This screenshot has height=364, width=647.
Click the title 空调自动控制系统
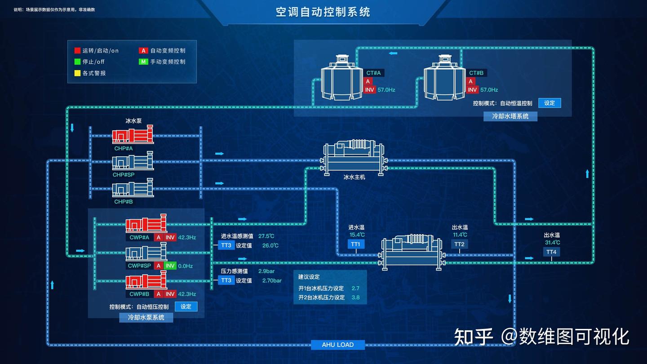(323, 12)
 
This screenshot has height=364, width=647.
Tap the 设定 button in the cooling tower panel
(550, 103)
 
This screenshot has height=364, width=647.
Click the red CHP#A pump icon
(133, 136)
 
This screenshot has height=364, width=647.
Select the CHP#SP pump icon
(133, 162)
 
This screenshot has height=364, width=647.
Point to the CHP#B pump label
(124, 202)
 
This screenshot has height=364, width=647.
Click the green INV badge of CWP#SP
(170, 266)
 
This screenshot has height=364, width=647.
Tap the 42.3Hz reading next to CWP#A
(187, 237)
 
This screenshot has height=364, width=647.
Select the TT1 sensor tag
(356, 244)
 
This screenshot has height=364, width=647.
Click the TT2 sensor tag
(459, 244)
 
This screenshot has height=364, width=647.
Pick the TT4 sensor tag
(551, 252)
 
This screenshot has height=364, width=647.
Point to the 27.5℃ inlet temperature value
(266, 236)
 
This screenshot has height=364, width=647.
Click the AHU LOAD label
(338, 345)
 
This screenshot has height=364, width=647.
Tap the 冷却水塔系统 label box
(510, 116)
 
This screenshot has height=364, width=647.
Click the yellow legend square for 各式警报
(77, 73)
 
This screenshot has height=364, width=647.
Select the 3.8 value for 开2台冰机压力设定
(355, 297)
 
